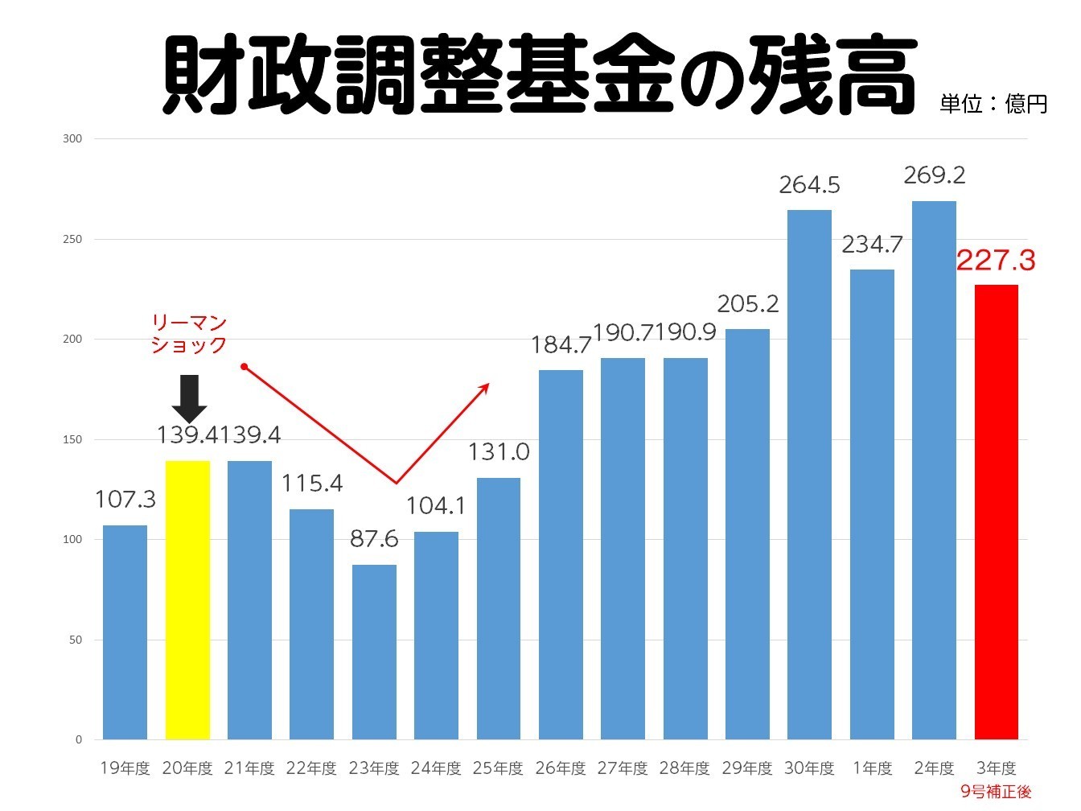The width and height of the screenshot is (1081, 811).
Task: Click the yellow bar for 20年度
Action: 187,599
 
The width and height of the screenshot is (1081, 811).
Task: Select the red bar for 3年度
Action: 996,512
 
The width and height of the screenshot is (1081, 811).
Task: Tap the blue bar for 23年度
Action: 374,652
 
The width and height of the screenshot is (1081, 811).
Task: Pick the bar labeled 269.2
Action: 934,470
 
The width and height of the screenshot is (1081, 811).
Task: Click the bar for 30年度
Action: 809,475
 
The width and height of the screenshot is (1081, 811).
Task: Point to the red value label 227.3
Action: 996,261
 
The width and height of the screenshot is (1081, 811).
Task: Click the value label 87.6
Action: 374,538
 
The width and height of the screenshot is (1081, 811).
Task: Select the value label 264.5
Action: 809,185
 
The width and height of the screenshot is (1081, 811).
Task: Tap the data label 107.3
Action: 125,500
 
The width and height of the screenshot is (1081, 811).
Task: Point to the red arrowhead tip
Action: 488,384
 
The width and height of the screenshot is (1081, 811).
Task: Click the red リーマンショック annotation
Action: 189,334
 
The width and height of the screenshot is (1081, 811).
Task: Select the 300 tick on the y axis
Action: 72,139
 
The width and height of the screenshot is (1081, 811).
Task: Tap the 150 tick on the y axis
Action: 72,439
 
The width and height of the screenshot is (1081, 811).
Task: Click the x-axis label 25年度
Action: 499,768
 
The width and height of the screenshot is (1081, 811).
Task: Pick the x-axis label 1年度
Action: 872,768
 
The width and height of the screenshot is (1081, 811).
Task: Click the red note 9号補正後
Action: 996,792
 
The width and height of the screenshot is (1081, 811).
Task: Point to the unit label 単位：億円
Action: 993,105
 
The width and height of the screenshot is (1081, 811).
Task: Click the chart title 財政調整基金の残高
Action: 539,74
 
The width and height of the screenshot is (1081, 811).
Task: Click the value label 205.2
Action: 748,304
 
